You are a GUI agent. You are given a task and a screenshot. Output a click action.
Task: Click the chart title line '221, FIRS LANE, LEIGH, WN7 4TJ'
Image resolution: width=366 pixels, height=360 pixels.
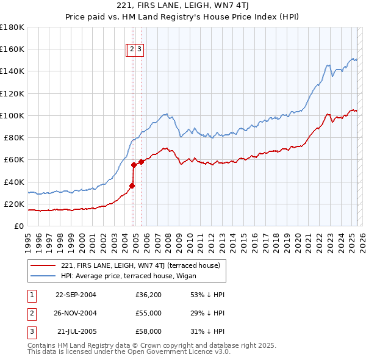point(182,6)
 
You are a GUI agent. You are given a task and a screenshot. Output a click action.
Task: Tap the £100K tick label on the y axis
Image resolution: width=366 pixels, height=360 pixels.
point(12,115)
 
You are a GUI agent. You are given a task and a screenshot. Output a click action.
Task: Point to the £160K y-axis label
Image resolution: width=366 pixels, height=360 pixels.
point(12,49)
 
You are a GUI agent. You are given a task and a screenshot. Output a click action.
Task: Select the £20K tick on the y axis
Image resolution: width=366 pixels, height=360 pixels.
point(14,204)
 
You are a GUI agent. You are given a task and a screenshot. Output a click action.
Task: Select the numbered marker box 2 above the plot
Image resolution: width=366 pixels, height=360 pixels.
point(132,49)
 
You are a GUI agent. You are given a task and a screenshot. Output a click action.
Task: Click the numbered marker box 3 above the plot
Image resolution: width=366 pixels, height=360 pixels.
point(139,49)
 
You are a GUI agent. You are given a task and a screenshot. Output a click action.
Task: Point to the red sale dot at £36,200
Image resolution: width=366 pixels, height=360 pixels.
point(132,185)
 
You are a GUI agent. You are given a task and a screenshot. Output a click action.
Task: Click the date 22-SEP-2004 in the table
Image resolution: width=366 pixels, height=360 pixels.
point(76,295)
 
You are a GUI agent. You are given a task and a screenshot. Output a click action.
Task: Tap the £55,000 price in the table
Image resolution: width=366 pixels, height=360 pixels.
point(148,313)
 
